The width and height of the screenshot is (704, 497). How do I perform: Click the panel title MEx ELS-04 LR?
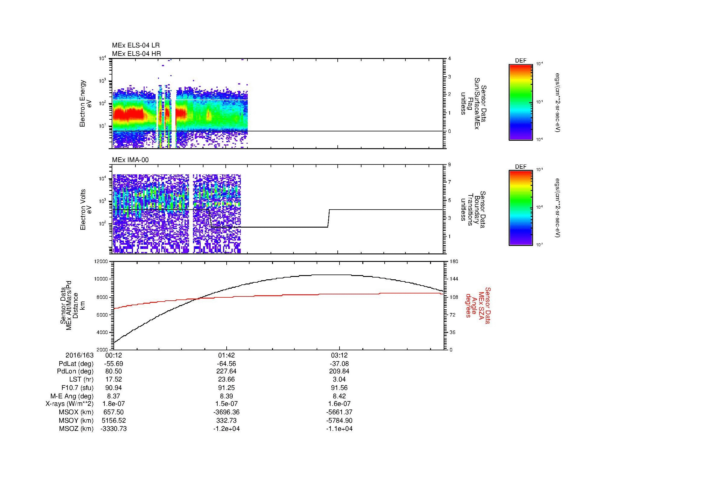click(135, 45)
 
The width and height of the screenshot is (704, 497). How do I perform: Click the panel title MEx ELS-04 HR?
click(136, 54)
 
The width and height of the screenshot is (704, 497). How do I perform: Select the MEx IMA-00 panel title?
click(130, 160)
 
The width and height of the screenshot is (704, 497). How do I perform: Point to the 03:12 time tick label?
click(340, 355)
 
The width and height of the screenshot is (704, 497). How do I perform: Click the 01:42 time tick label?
click(226, 355)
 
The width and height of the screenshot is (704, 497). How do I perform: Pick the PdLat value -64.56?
click(226, 364)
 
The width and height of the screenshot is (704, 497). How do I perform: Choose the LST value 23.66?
click(226, 379)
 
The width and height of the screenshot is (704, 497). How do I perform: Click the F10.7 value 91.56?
click(340, 388)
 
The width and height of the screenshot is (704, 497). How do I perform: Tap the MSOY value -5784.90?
click(340, 420)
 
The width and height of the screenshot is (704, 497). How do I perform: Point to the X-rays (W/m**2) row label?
click(69, 404)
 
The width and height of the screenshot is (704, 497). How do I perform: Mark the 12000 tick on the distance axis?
click(101, 262)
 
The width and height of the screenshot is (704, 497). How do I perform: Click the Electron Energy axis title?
click(82, 103)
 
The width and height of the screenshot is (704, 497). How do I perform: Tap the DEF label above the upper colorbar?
click(521, 61)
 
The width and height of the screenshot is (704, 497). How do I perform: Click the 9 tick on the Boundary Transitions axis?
click(449, 165)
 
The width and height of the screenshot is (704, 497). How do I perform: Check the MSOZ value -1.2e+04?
click(226, 429)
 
